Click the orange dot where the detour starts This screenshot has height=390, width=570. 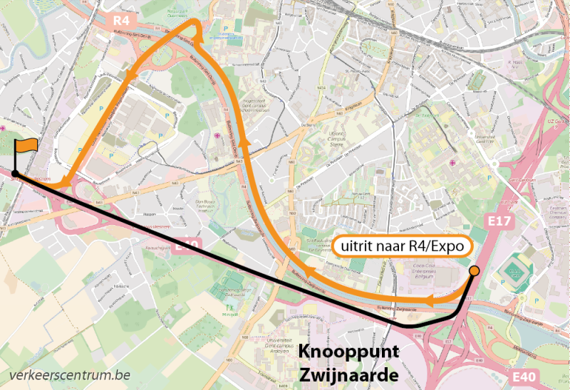coord(475,271)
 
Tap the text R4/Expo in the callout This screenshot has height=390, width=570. coord(437,246)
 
